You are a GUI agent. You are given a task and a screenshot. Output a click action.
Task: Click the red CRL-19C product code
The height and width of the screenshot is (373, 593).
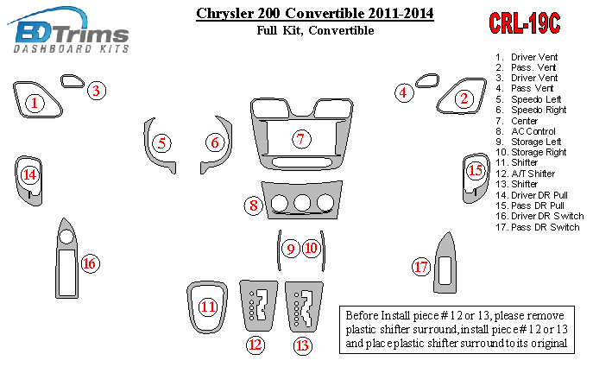click(x=524, y=23)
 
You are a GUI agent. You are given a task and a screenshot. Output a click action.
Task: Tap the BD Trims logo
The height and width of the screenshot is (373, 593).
click(x=68, y=30)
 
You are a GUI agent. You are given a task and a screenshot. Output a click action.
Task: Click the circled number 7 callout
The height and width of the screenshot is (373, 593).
click(x=301, y=139)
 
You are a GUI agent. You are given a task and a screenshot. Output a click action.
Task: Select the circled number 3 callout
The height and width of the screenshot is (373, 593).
click(x=97, y=91)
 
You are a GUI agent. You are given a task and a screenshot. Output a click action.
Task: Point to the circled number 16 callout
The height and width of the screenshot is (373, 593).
click(x=90, y=263)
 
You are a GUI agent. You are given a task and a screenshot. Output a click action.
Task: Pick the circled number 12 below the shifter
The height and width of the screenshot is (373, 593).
click(x=255, y=345)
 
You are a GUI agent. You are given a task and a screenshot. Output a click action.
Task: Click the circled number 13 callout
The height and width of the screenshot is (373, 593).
click(x=303, y=345)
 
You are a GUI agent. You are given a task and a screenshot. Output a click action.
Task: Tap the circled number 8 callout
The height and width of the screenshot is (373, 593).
click(x=254, y=205)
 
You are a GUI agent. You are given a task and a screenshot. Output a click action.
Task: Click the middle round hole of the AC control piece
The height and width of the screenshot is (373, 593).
click(x=302, y=203)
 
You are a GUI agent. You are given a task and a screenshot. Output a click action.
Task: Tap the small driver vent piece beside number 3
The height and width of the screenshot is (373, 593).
click(x=73, y=81)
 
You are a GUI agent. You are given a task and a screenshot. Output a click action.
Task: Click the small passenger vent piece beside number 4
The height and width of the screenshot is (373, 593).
click(x=427, y=80)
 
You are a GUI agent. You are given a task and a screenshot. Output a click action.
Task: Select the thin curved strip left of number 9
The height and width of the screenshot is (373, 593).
click(x=279, y=250)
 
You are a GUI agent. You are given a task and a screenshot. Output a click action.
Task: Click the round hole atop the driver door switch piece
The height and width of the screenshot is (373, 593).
click(x=66, y=237)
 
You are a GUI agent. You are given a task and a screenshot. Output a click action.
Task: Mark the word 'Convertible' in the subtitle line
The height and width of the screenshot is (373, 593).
click(x=341, y=30)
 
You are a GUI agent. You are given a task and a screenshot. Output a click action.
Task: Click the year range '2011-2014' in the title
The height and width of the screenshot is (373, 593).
click(x=401, y=13)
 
